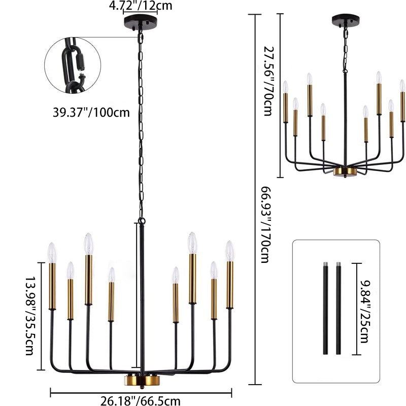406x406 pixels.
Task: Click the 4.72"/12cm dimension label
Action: (141, 6)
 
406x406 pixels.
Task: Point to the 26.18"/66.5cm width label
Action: (140, 401)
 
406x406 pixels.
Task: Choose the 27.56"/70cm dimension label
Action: (268, 81)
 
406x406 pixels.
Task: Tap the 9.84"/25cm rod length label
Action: (364, 310)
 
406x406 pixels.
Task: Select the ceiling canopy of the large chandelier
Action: (140, 23)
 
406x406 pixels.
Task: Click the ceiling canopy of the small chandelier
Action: (346, 20)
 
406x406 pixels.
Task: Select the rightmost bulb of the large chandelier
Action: (229, 251)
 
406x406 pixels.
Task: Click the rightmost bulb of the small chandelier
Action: (402, 86)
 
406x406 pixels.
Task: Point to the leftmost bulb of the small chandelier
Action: (285, 87)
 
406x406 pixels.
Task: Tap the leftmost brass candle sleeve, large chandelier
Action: (52, 286)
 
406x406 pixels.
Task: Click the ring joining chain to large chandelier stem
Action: (141, 221)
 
